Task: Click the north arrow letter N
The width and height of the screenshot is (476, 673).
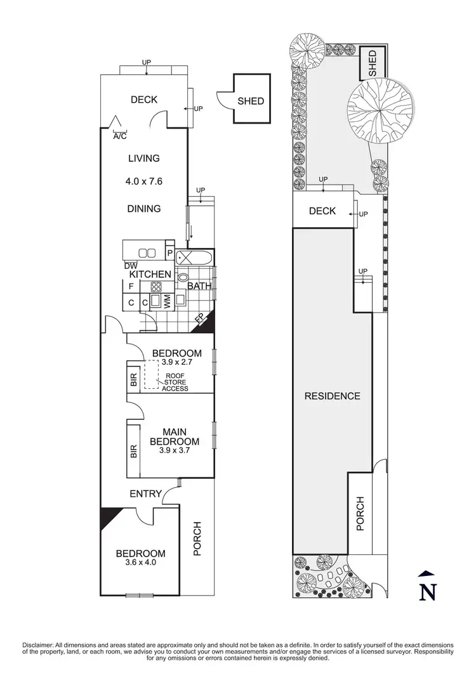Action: pos(428,591)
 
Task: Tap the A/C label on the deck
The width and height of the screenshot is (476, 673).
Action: pos(119,136)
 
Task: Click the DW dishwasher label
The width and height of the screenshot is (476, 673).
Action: pos(131,266)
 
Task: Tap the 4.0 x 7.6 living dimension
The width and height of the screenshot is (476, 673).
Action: pos(143,181)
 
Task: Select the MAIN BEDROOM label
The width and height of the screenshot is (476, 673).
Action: pos(175,436)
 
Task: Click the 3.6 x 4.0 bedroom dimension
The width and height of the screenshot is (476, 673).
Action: pos(140,562)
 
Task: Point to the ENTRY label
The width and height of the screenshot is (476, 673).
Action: pos(146,493)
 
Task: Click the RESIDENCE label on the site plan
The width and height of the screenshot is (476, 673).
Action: pos(332,396)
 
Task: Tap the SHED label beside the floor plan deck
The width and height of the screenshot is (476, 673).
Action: pos(251,101)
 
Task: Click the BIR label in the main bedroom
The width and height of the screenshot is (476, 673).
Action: pos(134,452)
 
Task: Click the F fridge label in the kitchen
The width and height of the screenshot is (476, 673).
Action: pos(131,287)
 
